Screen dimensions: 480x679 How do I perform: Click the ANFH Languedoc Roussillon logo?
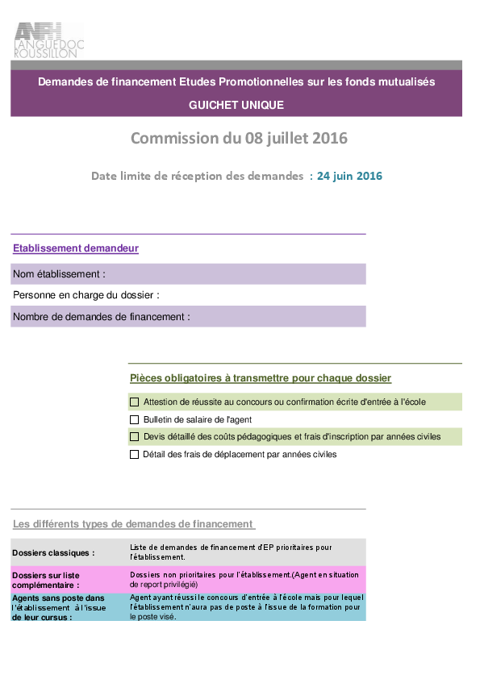tap(49, 40)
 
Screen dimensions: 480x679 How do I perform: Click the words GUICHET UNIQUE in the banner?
tap(236, 105)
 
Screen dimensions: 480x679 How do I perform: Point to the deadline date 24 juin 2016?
tap(349, 176)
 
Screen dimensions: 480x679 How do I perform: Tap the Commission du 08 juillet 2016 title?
tap(239, 138)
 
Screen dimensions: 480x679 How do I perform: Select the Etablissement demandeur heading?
tap(76, 248)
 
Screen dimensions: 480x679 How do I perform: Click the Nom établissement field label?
tap(60, 274)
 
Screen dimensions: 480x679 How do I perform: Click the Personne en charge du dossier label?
tap(86, 295)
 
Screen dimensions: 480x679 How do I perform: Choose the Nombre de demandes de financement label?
tap(102, 317)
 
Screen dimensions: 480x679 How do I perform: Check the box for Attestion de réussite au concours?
tap(134, 402)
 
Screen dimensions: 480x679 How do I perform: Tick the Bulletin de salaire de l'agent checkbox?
tap(134, 419)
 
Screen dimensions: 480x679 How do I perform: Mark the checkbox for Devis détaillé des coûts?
tap(134, 436)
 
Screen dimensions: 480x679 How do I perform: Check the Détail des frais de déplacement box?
tap(134, 454)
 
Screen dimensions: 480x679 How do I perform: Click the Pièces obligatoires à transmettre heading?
tap(261, 378)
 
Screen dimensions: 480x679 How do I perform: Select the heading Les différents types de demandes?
tap(132, 524)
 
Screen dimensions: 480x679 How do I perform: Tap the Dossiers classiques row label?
tap(53, 553)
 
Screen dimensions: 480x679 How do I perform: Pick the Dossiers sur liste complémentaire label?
tap(46, 581)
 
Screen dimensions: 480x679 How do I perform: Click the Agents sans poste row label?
tap(59, 607)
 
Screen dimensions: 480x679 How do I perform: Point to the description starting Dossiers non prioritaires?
tap(244, 579)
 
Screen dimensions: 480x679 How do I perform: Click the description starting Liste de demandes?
tap(231, 552)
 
